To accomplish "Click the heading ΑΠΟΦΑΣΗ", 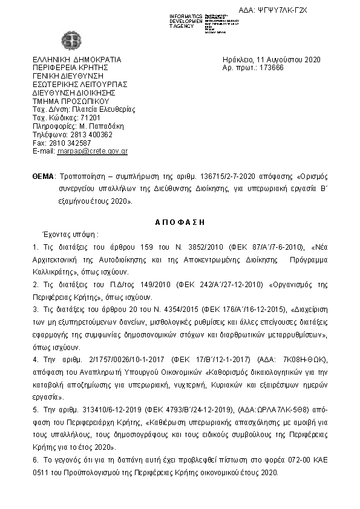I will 180,222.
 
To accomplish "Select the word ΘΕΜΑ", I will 42,177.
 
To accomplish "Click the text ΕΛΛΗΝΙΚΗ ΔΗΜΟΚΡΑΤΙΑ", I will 77,60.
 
